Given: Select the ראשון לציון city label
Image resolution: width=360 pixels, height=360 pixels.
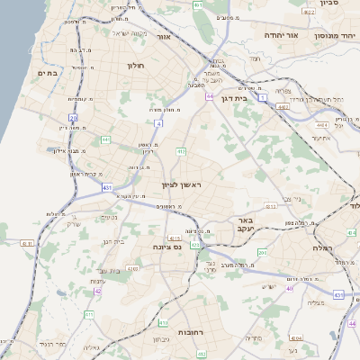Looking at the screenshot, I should click(184, 184).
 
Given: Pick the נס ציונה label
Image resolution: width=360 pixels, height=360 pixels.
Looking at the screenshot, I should click(166, 247).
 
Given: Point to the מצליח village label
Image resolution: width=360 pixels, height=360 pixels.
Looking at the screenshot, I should click(314, 303).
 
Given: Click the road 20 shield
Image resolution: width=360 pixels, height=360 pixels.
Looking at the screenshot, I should click(73, 118).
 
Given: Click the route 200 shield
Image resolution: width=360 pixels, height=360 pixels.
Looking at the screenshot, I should click(262, 253).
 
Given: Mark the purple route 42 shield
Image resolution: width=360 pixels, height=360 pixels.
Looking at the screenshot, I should click(97, 292).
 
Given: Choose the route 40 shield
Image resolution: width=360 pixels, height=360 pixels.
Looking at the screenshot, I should click(290, 289).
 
